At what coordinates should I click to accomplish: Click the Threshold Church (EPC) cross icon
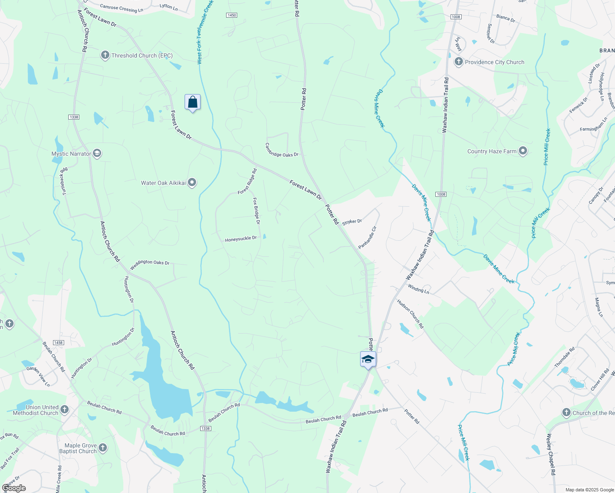coord(105,55)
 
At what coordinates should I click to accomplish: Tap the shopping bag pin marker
coord(192,102)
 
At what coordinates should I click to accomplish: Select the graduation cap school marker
coord(368,359)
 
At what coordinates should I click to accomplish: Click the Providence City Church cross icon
coord(458,62)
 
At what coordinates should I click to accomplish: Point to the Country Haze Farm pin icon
coord(523,151)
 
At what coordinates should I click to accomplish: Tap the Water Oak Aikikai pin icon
coord(192,183)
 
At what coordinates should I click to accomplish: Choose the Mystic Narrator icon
coord(97,154)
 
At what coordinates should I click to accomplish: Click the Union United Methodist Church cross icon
coord(64,410)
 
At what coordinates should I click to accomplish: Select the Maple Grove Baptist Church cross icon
coord(103,448)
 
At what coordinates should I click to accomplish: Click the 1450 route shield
coord(231,15)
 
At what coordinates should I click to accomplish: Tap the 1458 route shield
coord(58,343)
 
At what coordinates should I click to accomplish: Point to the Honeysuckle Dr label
coord(240,239)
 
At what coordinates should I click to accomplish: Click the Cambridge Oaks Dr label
coord(282,150)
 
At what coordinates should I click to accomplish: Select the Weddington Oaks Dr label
coord(150,265)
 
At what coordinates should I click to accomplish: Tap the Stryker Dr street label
coord(352,222)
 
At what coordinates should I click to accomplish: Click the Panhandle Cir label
coord(367,237)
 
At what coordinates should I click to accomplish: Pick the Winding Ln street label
coord(418,289)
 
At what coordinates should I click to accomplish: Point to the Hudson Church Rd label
coord(410,313)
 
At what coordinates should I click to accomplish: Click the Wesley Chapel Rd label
coord(551,455)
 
